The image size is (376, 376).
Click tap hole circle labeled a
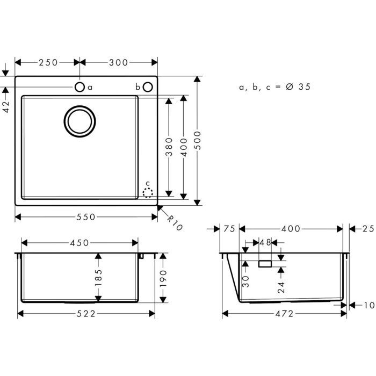(79, 86)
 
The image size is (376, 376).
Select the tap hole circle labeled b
(148, 86)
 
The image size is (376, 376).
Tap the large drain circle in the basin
(81, 120)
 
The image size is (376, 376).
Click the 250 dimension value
(48, 62)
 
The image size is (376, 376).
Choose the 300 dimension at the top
(118, 62)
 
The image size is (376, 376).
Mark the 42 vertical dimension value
(6, 107)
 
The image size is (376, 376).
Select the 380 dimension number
(169, 147)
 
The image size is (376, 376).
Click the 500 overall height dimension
(197, 141)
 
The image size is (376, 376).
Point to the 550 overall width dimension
(85, 217)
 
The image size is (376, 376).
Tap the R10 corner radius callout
(175, 222)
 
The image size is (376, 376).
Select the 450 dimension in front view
(79, 243)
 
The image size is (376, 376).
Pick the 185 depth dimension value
(98, 278)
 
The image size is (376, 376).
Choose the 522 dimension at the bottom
(86, 314)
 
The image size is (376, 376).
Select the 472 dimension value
(283, 314)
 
